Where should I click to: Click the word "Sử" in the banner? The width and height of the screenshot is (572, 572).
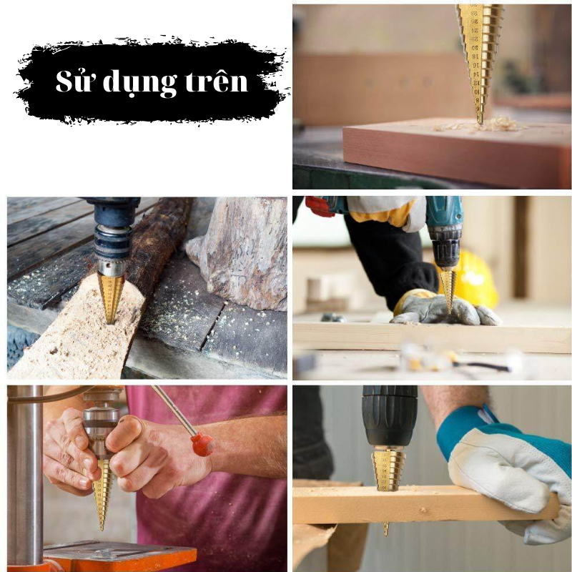pyautogui.click(x=73, y=81)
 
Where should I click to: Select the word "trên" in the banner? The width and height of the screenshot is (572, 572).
pyautogui.click(x=217, y=80)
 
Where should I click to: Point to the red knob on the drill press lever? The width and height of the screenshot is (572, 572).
pyautogui.click(x=203, y=444)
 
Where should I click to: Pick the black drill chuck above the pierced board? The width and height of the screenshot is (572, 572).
pyautogui.click(x=390, y=416)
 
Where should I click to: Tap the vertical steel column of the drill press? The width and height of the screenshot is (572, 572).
pyautogui.click(x=26, y=474)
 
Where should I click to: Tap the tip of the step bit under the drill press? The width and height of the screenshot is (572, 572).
pyautogui.click(x=102, y=530)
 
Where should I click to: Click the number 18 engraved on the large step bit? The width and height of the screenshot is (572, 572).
pyautogui.click(x=475, y=56)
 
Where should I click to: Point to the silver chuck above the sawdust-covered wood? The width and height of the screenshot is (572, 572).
pyautogui.click(x=112, y=268)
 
